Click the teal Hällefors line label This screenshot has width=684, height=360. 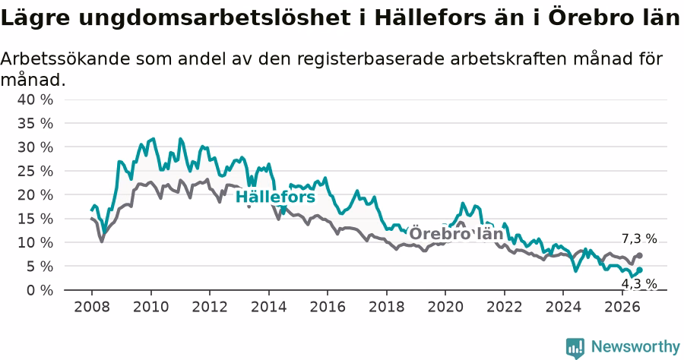coord(275,197)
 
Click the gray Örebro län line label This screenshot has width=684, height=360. coord(456,234)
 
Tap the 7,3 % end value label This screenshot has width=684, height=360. coord(639,238)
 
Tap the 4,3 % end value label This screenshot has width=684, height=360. coord(639,284)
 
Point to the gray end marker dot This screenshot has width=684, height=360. coord(639,255)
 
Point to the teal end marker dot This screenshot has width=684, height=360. coord(640,270)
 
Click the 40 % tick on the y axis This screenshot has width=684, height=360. coord(35,99)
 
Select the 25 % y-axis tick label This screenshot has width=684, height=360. coord(35,171)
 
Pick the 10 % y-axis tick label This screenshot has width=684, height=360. coord(35,242)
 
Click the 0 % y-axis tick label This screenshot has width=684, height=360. coord(40,290)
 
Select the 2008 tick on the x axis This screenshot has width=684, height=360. coord(92,307)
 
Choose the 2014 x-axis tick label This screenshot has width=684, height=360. coord(269,307)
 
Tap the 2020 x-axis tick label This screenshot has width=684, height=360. coord(445,307)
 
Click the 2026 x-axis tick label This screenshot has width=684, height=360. coord(622,307)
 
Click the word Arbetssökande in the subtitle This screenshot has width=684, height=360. coord(65,58)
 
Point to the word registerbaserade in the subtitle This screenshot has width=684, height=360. coord(371,59)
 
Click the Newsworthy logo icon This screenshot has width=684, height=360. coord(575,349)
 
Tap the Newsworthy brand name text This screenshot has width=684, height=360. coord(635,347)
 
